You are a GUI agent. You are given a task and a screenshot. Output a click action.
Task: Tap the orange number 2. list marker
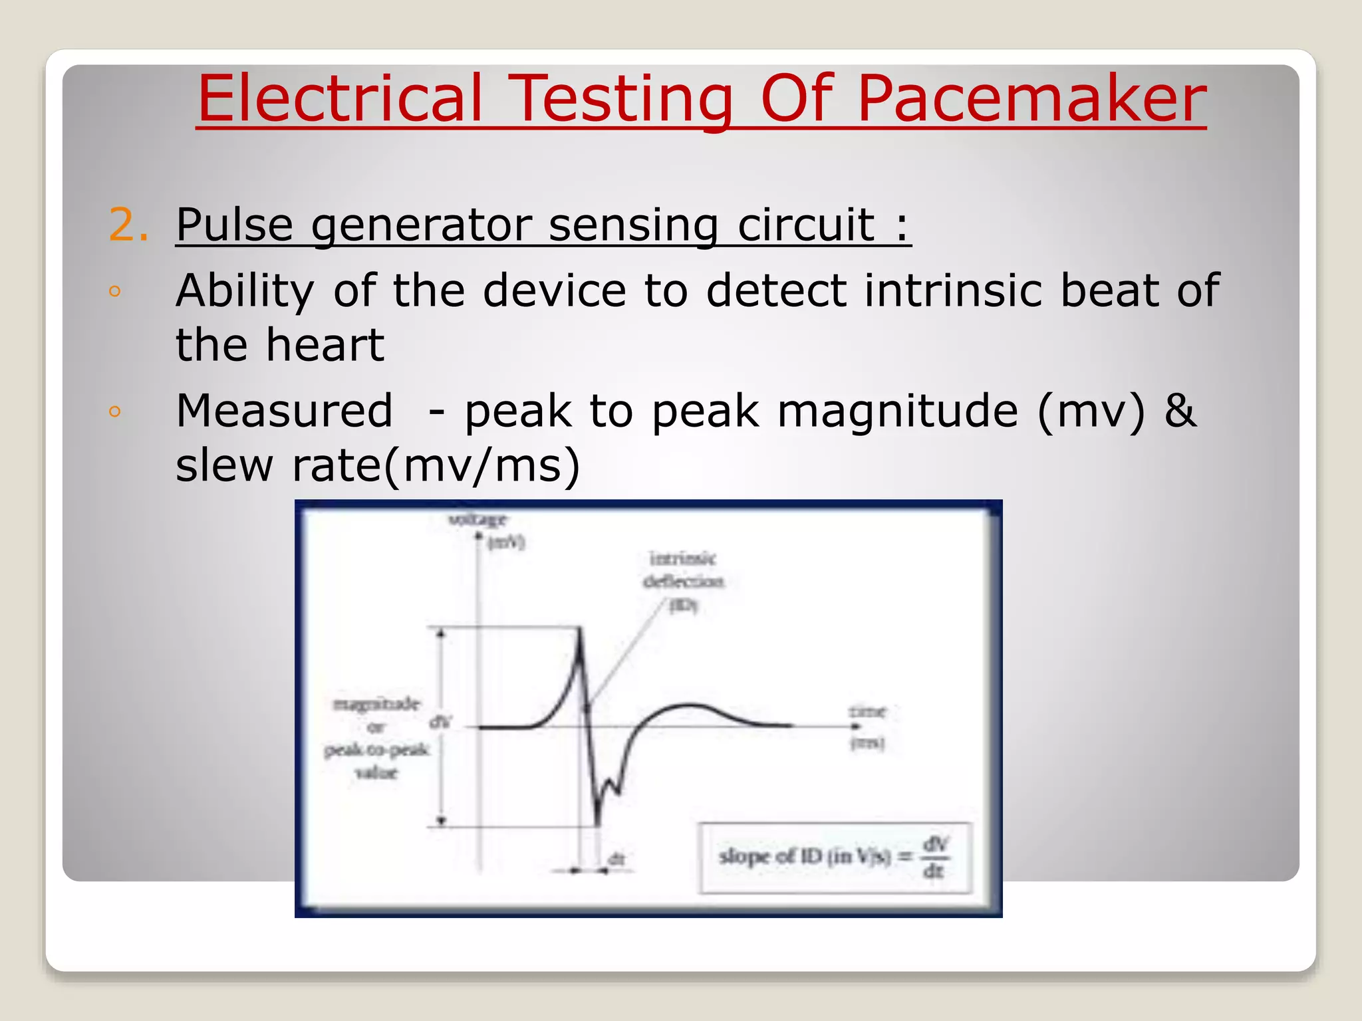[x=128, y=225]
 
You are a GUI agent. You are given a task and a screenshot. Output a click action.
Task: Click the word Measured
[x=284, y=411]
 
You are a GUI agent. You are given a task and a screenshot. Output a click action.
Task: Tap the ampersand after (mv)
[x=1180, y=411]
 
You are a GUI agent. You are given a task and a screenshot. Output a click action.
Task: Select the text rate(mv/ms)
[x=436, y=465]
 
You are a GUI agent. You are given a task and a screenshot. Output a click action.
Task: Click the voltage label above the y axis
[x=477, y=519]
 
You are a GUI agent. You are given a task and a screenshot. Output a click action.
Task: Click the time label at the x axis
[x=867, y=712]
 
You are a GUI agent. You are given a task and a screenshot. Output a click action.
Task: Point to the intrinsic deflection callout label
[x=683, y=570]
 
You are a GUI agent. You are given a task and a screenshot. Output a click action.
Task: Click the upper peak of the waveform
[x=579, y=632]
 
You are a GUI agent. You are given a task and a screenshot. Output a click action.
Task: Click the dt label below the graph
[x=616, y=859]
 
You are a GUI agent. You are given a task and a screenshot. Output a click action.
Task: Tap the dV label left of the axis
[x=440, y=722]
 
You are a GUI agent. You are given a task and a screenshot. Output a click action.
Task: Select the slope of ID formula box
[x=835, y=857]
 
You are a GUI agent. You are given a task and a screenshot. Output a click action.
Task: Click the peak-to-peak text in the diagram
[x=376, y=750]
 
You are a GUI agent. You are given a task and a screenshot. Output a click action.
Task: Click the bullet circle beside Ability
[x=115, y=291]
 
